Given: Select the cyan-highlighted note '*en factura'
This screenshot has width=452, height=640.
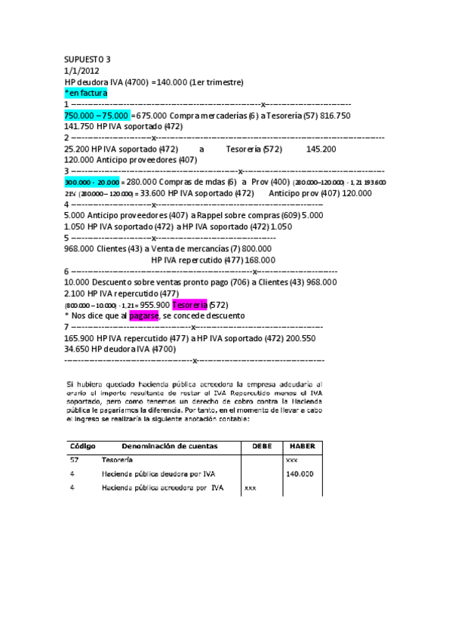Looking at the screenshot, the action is [x=86, y=93].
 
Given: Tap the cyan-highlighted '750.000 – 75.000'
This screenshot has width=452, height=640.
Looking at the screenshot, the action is [x=97, y=115].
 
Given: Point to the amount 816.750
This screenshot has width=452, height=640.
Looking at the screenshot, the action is [x=332, y=115].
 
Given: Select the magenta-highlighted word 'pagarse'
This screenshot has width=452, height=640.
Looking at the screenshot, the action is [x=143, y=315].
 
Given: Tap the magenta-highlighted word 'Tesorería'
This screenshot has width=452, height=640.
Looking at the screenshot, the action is [x=189, y=304].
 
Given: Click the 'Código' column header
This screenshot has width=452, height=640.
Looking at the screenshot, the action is [x=82, y=446].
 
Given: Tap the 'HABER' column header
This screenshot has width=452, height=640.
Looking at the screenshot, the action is [x=302, y=446].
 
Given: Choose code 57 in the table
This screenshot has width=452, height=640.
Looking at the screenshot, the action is [x=74, y=460].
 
